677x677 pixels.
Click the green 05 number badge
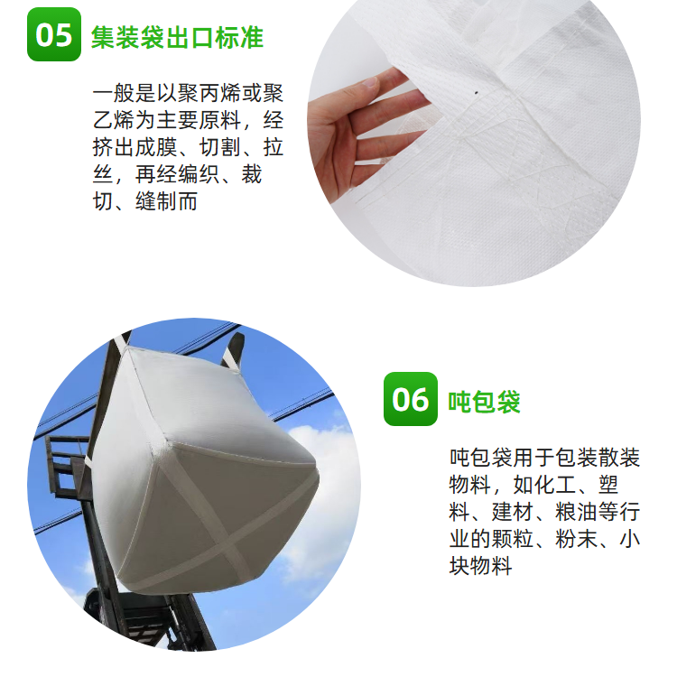54,34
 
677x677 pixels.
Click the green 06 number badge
411,399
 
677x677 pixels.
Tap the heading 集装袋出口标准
178,37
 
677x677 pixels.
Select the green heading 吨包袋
485,402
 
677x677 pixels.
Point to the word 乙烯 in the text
114,120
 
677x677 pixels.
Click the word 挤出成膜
134,147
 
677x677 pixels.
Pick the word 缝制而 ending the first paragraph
167,201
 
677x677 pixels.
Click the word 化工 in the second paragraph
555,485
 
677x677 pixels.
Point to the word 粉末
577,538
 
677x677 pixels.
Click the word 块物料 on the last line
480,566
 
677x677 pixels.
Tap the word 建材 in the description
513,512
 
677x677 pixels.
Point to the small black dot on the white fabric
477,92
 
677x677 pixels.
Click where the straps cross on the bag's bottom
226,548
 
